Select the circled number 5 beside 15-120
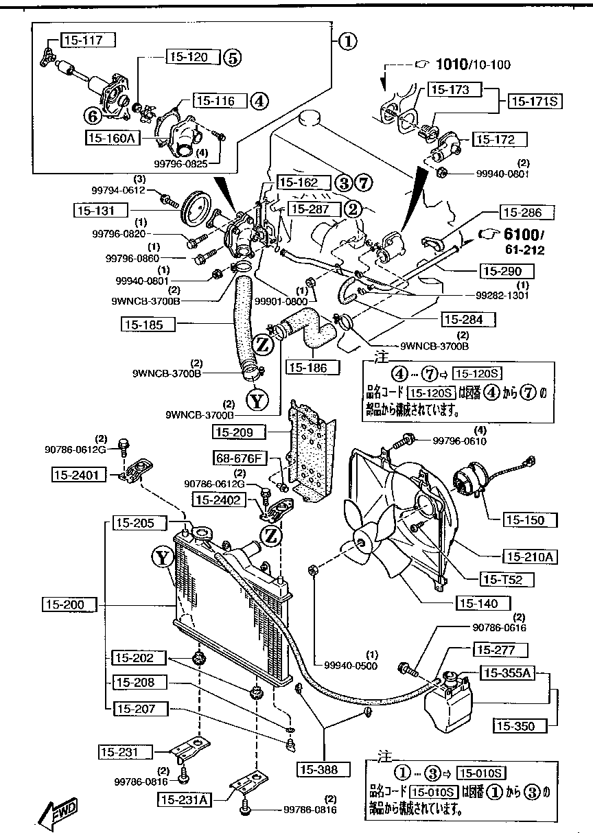click(231, 58)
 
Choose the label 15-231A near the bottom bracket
click(185, 799)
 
